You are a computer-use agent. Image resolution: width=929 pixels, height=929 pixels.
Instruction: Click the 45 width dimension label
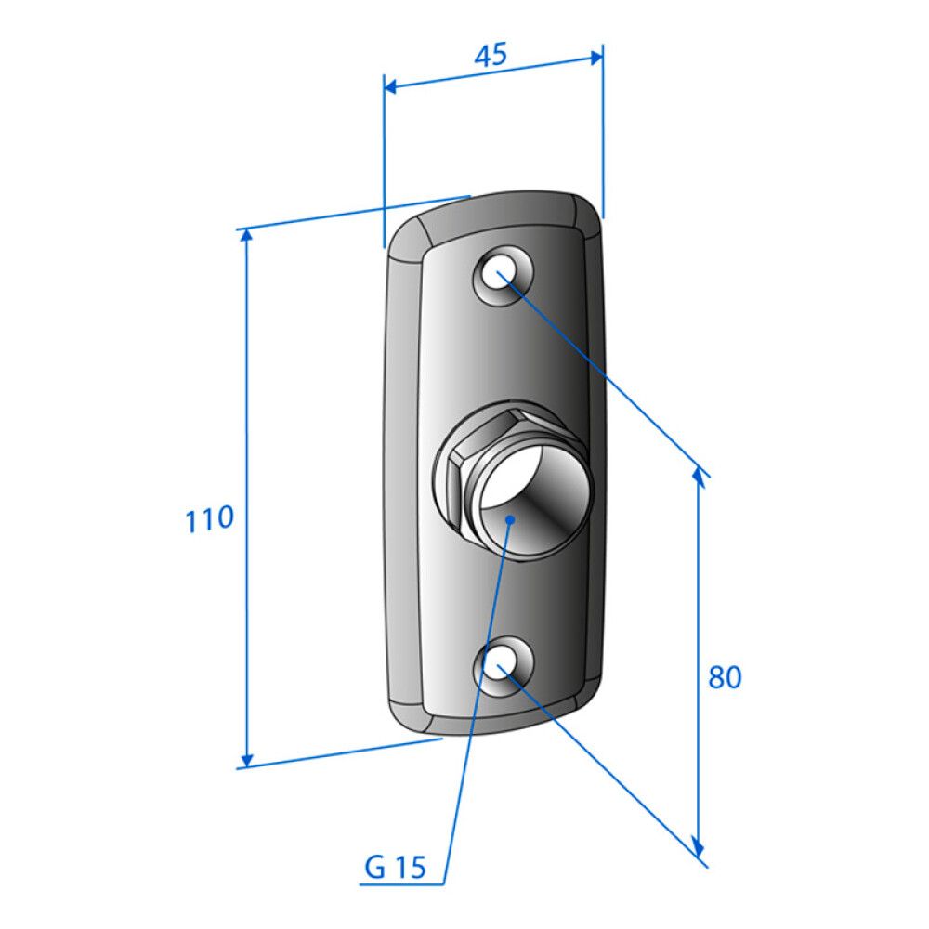pos(491,55)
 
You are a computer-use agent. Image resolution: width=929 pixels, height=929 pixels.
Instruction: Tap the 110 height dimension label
pos(209,519)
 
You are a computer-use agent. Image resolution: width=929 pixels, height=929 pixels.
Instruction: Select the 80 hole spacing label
pos(725,676)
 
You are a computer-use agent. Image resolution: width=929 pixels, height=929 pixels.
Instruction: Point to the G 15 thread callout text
pos(395,868)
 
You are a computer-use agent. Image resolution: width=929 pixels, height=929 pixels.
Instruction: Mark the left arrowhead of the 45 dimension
pos(391,87)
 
